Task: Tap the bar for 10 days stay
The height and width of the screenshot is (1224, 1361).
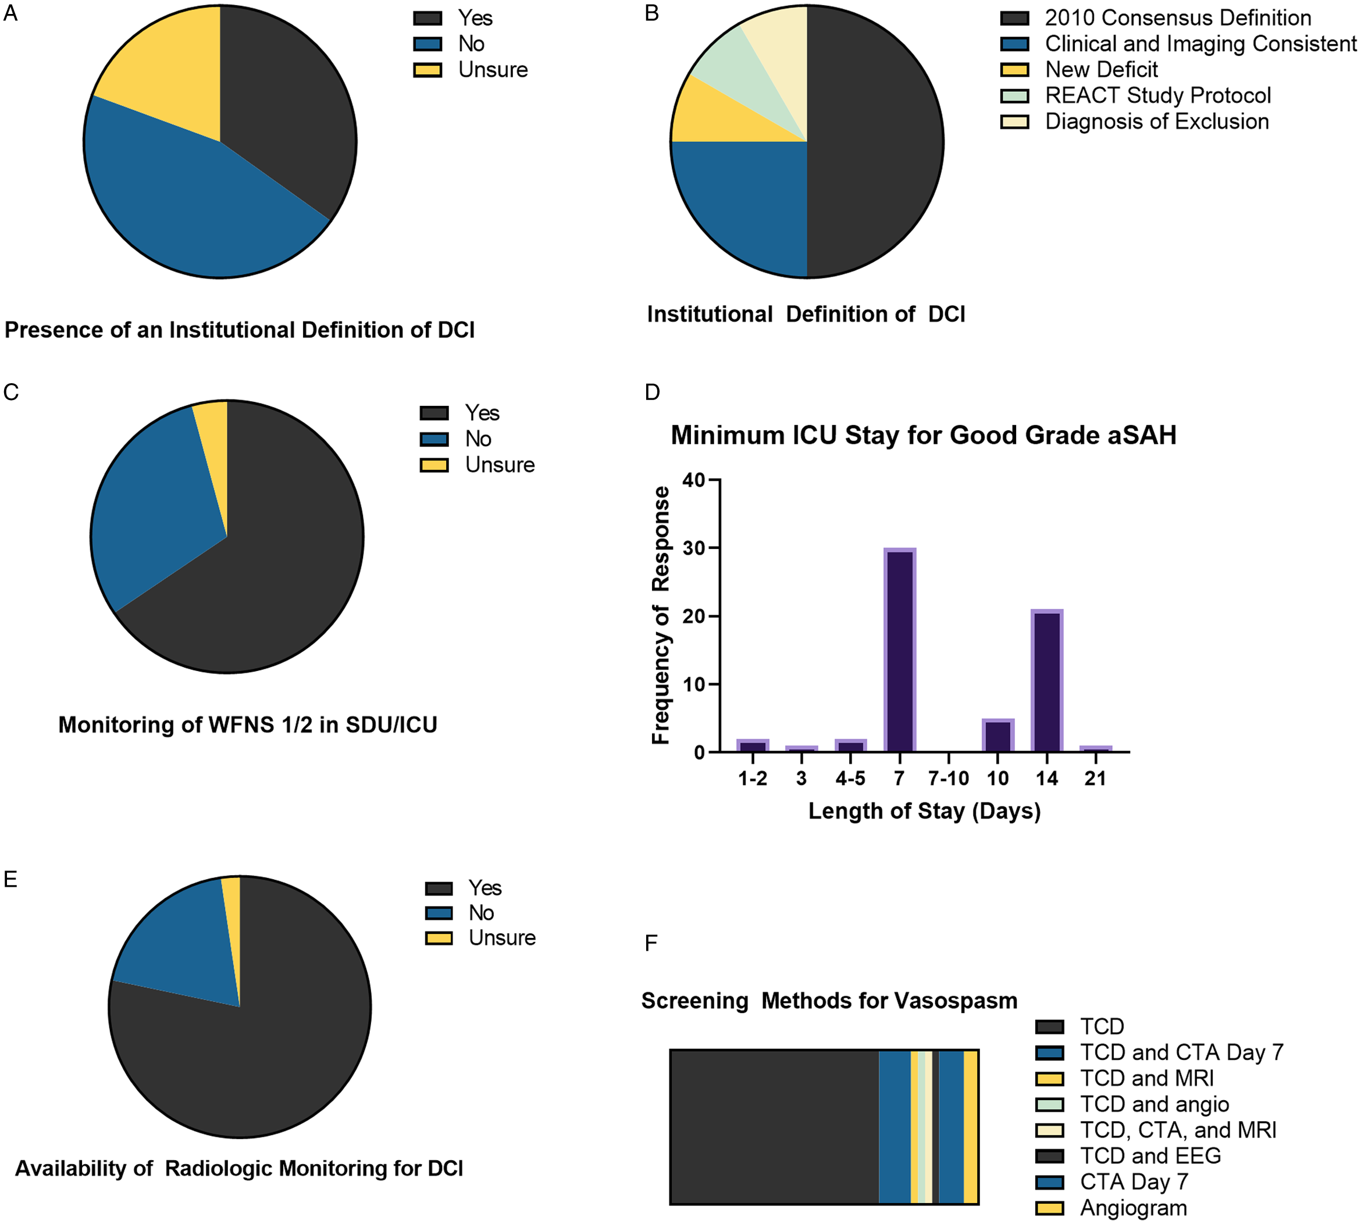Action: (997, 735)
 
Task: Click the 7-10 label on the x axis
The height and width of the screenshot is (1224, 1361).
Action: (948, 778)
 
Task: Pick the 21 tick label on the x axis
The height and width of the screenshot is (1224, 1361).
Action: (1095, 778)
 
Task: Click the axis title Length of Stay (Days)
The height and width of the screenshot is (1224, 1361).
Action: (924, 811)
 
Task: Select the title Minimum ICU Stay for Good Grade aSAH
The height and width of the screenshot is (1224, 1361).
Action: (923, 435)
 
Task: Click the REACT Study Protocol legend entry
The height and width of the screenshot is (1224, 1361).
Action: (1157, 95)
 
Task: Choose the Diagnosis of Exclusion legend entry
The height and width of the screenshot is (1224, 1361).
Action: (1156, 122)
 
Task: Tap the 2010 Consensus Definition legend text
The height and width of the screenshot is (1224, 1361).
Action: (1177, 17)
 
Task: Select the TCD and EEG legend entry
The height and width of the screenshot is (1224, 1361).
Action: (1150, 1155)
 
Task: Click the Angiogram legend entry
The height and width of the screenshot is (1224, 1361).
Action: (1133, 1208)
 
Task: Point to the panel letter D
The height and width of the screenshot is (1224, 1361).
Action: (652, 392)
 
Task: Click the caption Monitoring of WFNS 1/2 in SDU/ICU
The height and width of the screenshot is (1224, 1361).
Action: (248, 725)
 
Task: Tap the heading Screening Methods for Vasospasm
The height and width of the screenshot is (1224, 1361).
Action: (829, 1001)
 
